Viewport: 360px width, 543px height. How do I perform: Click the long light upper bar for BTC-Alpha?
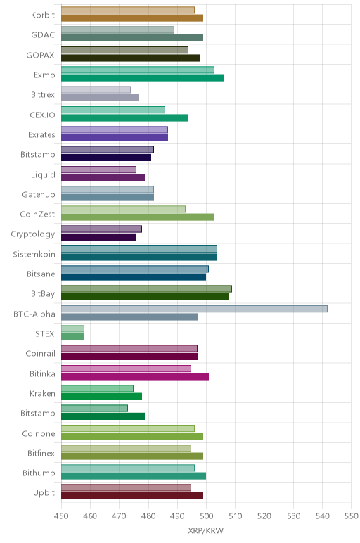coord(194,309)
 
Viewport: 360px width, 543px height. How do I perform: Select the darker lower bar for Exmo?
coord(142,78)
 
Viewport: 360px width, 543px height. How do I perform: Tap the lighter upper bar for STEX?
coord(72,328)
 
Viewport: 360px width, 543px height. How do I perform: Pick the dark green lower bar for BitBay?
coord(145,297)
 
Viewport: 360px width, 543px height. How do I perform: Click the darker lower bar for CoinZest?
coord(138,217)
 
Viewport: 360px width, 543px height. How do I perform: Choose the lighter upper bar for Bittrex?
coord(96,90)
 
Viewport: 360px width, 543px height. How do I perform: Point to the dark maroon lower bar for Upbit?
coord(132,496)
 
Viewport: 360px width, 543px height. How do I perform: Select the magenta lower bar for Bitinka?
coord(135,376)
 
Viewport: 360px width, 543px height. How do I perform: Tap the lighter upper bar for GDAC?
coord(117,30)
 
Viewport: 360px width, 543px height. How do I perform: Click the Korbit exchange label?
coord(43,15)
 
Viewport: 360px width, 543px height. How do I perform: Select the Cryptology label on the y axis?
coord(33,234)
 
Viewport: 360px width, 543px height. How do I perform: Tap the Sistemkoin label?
coord(34,254)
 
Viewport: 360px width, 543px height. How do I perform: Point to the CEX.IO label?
coord(42,115)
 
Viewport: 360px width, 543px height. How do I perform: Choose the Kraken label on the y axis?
coord(42,393)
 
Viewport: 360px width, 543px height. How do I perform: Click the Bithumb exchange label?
coord(39,473)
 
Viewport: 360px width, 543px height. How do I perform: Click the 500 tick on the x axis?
coord(206,516)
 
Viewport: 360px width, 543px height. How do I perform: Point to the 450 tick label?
coord(61,516)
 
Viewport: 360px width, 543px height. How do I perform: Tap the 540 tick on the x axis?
coord(322,516)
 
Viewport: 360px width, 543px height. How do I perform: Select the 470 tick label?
coord(119,516)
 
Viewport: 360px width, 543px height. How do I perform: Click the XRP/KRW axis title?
coord(206,530)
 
